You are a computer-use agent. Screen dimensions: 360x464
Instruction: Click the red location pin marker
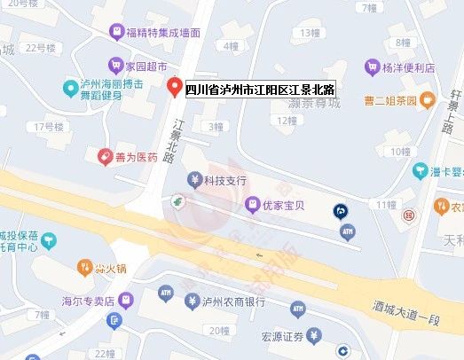tap(174, 87)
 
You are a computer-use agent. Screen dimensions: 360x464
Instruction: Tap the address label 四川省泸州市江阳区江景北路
tap(259, 90)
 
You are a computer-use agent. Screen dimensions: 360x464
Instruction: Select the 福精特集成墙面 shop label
tap(163, 33)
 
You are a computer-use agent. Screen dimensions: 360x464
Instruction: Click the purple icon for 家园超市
tap(114, 65)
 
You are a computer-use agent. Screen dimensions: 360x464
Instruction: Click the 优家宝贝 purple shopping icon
tap(252, 206)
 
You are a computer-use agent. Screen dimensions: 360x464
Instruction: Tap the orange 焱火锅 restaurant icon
tap(84, 266)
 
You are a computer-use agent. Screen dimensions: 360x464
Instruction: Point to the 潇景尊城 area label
tap(309, 103)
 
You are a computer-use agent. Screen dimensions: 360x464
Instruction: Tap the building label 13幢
tap(310, 33)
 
